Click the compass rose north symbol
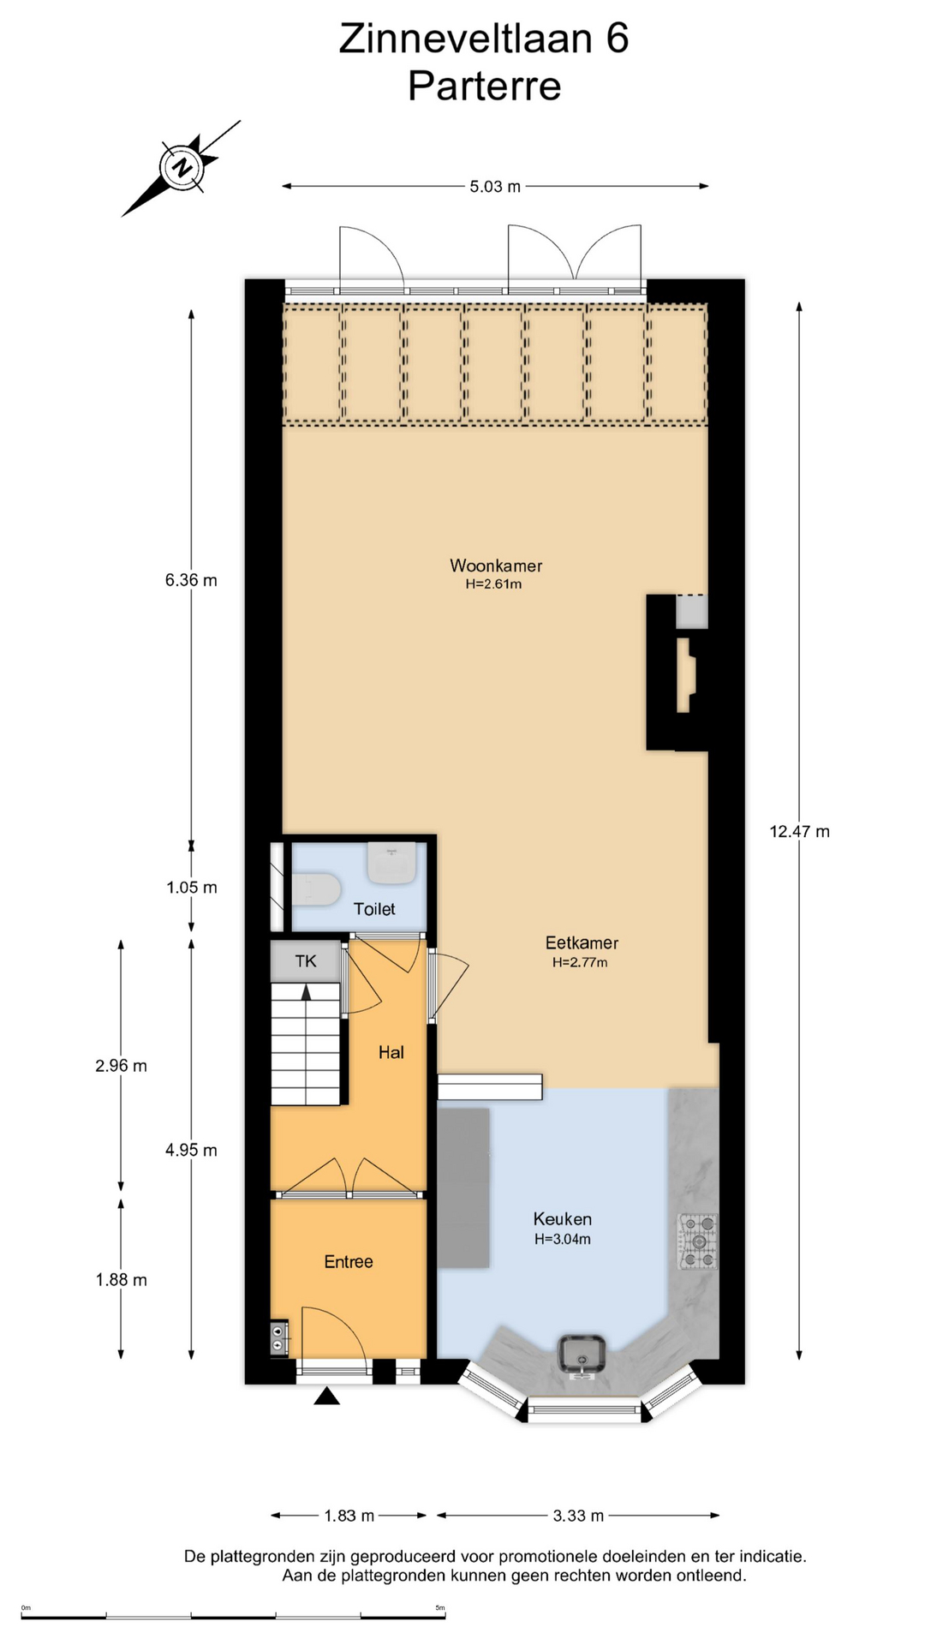(x=182, y=167)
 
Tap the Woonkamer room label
(x=496, y=565)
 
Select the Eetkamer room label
(x=582, y=942)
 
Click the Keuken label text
(x=562, y=1218)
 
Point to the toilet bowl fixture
(x=315, y=888)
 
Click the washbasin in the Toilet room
(x=392, y=863)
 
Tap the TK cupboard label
(x=306, y=961)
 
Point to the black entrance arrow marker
(x=327, y=1397)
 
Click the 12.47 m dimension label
(x=799, y=831)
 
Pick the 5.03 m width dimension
(x=495, y=186)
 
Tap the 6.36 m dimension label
(x=191, y=580)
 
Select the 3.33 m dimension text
(x=578, y=1516)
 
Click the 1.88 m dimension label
(x=121, y=1280)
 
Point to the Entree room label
(x=349, y=1261)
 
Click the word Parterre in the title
(x=484, y=86)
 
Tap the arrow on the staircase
(x=306, y=991)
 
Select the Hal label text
(x=391, y=1052)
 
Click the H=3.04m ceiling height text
(x=563, y=1239)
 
